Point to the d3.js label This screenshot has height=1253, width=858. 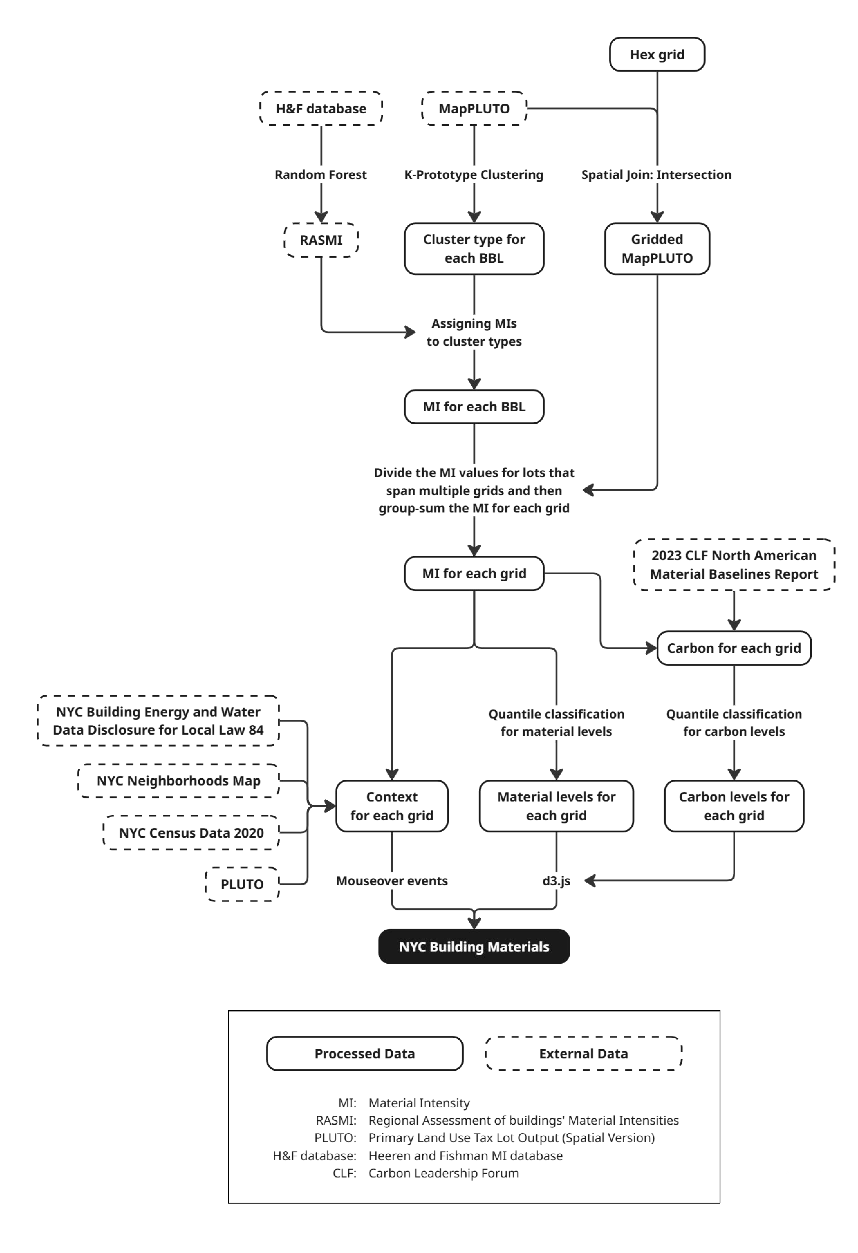(x=556, y=880)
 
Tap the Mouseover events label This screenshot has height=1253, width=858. (x=392, y=880)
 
